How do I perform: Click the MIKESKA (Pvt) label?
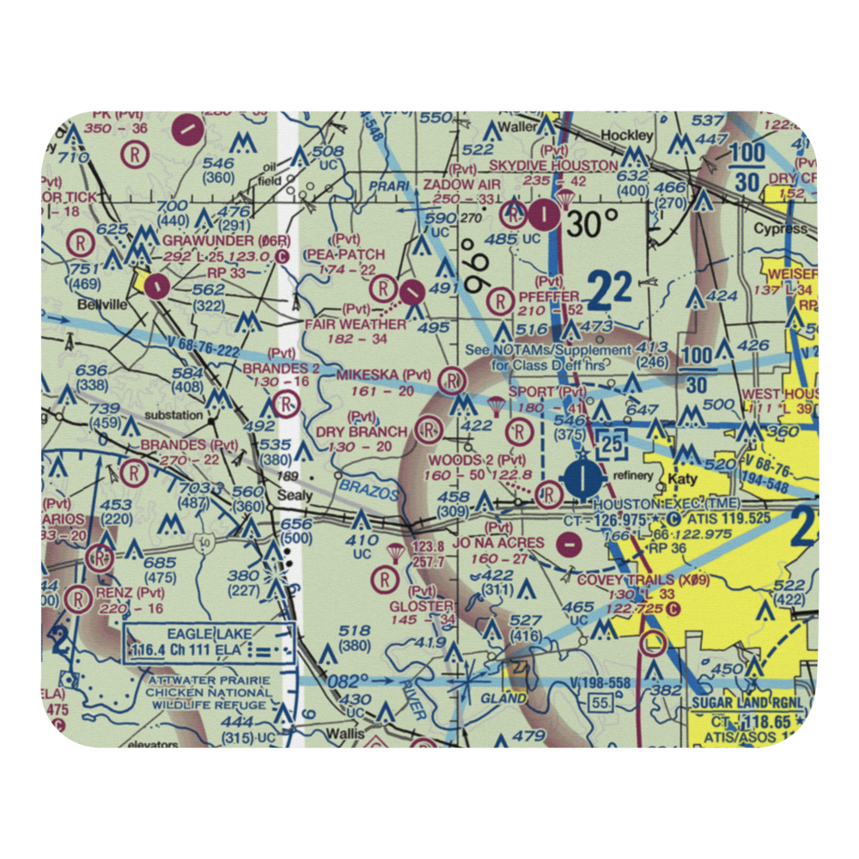tap(383, 375)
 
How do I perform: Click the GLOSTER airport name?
tap(421, 606)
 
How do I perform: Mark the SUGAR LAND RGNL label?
tap(749, 703)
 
